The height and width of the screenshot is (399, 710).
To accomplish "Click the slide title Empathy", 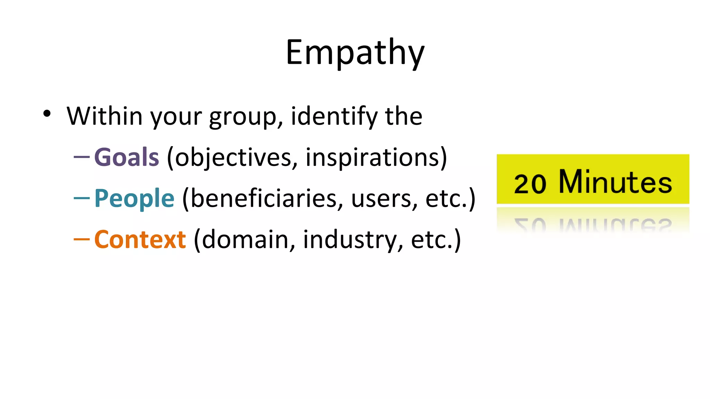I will (355, 53).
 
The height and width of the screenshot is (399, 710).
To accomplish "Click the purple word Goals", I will (127, 157).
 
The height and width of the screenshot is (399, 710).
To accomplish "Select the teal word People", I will (134, 198).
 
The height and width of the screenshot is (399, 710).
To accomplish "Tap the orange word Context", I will (140, 239).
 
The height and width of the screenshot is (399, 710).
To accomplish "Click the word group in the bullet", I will (245, 117).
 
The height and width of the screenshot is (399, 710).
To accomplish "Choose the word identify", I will (334, 116).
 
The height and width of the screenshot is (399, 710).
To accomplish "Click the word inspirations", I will (373, 158).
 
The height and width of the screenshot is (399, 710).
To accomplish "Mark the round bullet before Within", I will (47, 114).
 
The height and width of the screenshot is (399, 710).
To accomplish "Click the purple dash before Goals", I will (82, 157).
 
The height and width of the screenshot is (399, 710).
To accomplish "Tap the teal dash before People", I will (82, 198).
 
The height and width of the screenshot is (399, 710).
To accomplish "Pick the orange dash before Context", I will (82, 239).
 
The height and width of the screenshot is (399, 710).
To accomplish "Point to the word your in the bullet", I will (176, 117).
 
